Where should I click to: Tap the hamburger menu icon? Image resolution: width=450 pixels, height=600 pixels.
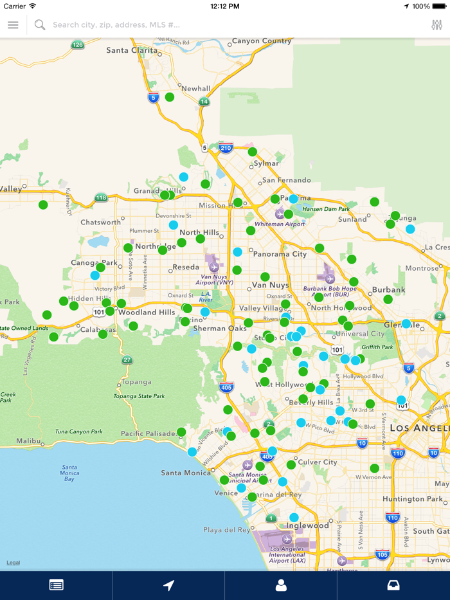pyautogui.click(x=13, y=25)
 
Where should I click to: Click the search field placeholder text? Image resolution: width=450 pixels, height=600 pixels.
pyautogui.click(x=116, y=25)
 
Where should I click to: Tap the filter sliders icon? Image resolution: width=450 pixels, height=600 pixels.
pyautogui.click(x=437, y=25)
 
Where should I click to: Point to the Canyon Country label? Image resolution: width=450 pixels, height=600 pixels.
pyautogui.click(x=262, y=41)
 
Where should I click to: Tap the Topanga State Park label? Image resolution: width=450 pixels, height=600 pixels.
pyautogui.click(x=138, y=396)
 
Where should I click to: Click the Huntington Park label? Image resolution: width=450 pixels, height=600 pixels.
pyautogui.click(x=412, y=499)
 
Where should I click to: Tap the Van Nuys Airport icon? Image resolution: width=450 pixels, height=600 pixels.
pyautogui.click(x=214, y=267)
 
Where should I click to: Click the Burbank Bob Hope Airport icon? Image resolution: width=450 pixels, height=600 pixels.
pyautogui.click(x=330, y=278)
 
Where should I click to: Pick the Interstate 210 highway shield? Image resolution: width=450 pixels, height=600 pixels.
pyautogui.click(x=225, y=148)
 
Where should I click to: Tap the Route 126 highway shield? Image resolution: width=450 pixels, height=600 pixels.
pyautogui.click(x=78, y=44)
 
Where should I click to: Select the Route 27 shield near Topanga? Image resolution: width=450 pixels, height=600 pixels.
pyautogui.click(x=127, y=360)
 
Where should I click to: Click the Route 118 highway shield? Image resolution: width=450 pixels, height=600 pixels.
pyautogui.click(x=101, y=197)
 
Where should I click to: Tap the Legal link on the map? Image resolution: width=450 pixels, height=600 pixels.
pyautogui.click(x=13, y=563)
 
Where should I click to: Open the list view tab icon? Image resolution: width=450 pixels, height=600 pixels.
pyautogui.click(x=56, y=585)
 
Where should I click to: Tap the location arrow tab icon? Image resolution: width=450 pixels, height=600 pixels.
pyautogui.click(x=168, y=585)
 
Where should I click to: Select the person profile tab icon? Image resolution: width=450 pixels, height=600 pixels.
pyautogui.click(x=281, y=585)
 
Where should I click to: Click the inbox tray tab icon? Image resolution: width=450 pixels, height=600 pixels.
pyautogui.click(x=393, y=585)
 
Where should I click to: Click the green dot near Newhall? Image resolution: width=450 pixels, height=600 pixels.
pyautogui.click(x=170, y=97)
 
